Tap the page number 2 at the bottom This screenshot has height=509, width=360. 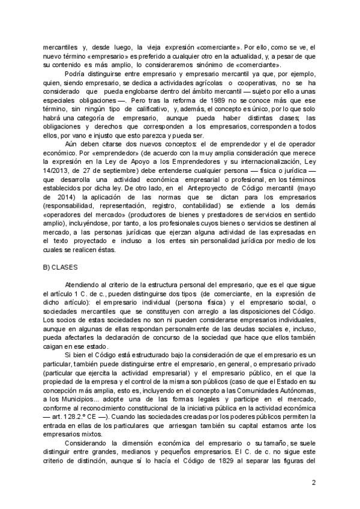click(x=314, y=481)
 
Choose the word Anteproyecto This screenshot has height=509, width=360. click(x=207, y=187)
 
